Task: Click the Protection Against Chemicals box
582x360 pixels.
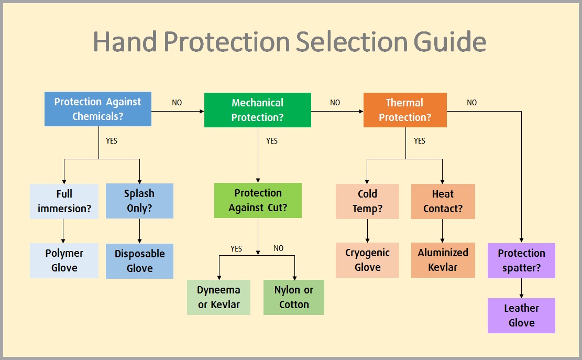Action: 98,109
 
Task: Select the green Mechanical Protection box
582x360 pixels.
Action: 257,110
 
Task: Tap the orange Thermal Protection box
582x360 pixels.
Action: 405,110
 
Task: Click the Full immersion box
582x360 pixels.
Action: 64,201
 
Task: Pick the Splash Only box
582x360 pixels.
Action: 139,201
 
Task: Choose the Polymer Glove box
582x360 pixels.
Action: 64,260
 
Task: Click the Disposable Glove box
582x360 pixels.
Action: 139,261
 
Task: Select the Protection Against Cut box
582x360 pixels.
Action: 258,200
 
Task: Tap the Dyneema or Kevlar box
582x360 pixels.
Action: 218,297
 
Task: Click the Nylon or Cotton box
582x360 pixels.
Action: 293,297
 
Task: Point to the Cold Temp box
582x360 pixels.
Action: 367,201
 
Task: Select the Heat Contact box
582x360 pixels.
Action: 443,201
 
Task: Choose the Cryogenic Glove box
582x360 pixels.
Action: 367,260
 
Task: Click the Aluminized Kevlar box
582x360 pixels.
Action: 443,260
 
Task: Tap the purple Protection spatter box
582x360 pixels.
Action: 521,260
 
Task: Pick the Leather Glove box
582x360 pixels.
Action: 521,315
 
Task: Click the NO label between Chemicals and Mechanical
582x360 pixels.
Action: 177,103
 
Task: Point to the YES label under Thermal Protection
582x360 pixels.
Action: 420,141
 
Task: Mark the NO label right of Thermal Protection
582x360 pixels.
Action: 471,103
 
